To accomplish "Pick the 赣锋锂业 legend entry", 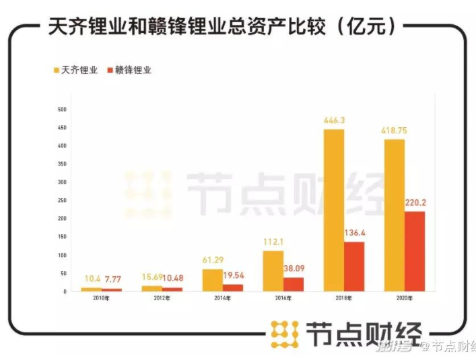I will click(133, 69).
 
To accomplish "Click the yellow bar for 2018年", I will click(333, 210).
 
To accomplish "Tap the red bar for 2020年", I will click(415, 251).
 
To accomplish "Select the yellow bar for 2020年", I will click(395, 215).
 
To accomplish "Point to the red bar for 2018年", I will click(354, 266).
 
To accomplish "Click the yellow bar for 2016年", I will click(273, 271).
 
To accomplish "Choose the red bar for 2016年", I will click(293, 284).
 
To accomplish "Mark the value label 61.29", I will click(211, 260).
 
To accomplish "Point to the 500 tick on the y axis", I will click(62, 109).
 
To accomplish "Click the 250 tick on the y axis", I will click(62, 201).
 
